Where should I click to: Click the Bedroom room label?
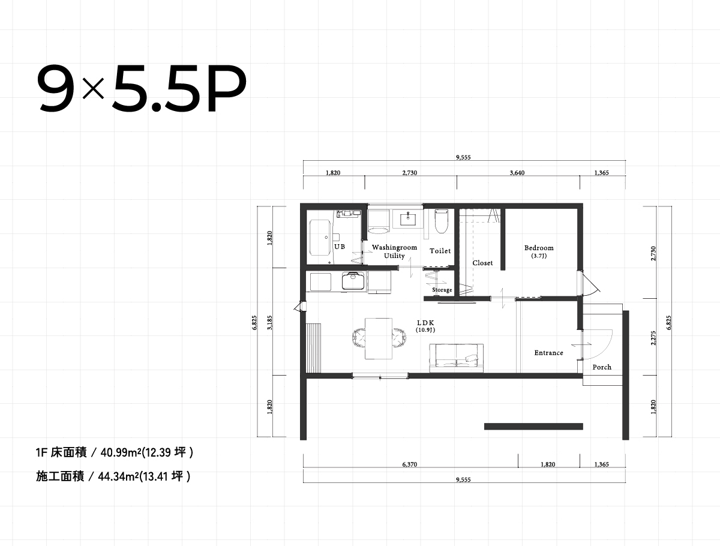point(539,248)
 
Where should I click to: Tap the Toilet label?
point(440,251)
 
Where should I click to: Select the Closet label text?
point(482,263)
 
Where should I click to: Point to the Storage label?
point(442,290)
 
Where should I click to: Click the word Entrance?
point(548,353)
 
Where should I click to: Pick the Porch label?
point(602,367)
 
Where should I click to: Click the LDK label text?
point(425,323)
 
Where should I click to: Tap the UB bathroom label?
point(340,247)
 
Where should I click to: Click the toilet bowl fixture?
point(441,221)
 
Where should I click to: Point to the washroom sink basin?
point(408,218)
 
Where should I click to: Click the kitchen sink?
point(353,281)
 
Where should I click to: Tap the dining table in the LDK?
point(379,338)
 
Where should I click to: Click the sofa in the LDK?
point(456,358)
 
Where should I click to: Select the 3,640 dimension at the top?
point(517,173)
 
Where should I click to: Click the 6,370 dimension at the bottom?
point(410,464)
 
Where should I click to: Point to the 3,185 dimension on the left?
point(269,323)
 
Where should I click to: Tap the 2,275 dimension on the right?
point(653,338)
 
